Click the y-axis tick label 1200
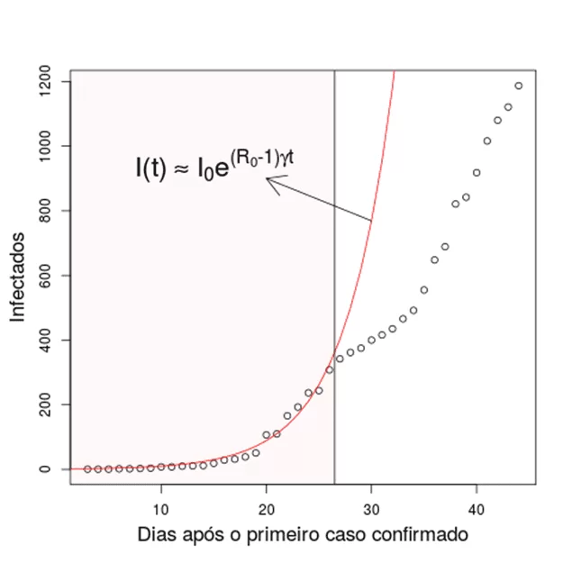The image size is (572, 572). point(44,81)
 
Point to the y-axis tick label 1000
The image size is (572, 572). point(44,146)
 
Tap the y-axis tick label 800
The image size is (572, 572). point(44,211)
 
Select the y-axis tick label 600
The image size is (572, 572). point(44,276)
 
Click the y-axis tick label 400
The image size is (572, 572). point(44,340)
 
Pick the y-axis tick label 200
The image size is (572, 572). point(44,404)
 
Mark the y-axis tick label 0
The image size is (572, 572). point(44,469)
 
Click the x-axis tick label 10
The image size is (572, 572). point(161,510)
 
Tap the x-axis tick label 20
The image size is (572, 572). point(267,510)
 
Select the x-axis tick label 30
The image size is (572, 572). point(371,510)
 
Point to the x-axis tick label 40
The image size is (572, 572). point(477,510)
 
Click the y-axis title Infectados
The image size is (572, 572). point(17,277)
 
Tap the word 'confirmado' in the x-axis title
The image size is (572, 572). point(420,535)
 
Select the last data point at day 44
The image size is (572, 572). point(519,86)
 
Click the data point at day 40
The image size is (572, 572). point(477,173)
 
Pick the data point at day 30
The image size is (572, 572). point(371,340)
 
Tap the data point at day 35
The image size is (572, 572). point(424,290)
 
